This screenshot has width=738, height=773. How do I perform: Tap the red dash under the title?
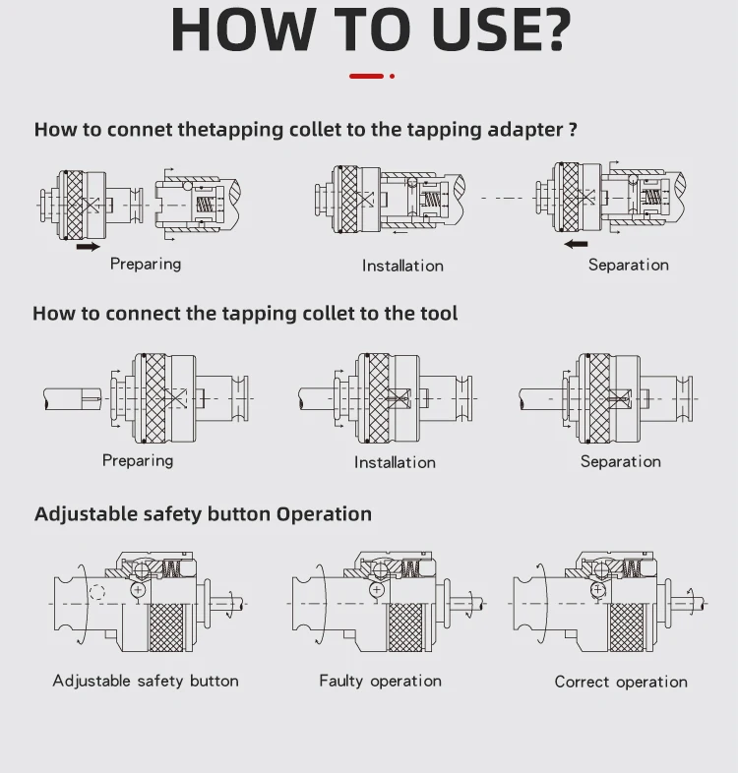pos(367,75)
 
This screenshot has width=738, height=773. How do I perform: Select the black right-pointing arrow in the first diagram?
pos(88,247)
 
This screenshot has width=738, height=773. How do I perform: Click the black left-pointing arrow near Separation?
pos(576,243)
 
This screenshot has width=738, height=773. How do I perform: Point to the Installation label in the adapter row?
pos(402,266)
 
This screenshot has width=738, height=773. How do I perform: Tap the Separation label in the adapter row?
pos(628,265)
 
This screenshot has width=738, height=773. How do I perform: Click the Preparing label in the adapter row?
pos(146,264)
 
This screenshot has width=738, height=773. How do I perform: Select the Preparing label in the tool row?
pos(138,460)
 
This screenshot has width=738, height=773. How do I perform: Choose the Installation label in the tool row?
pos(395,462)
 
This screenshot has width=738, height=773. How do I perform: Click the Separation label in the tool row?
pos(620,461)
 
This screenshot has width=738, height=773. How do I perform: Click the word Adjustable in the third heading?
pos(86,514)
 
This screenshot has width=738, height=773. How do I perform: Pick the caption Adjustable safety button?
pos(146,681)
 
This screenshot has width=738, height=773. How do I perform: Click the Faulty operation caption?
pos(380,681)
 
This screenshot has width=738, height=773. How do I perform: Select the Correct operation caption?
pos(621,682)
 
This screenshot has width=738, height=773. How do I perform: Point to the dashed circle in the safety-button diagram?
pos(96,593)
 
